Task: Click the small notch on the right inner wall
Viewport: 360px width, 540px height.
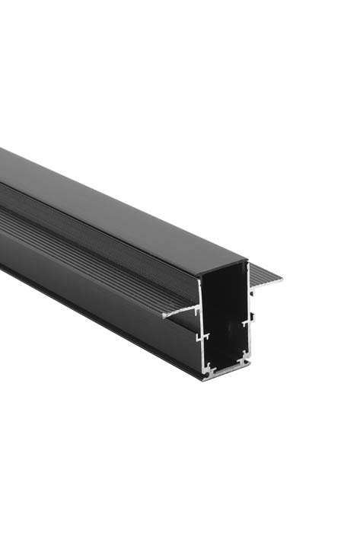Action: click(245, 322)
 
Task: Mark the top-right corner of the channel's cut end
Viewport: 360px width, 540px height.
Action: click(247, 263)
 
